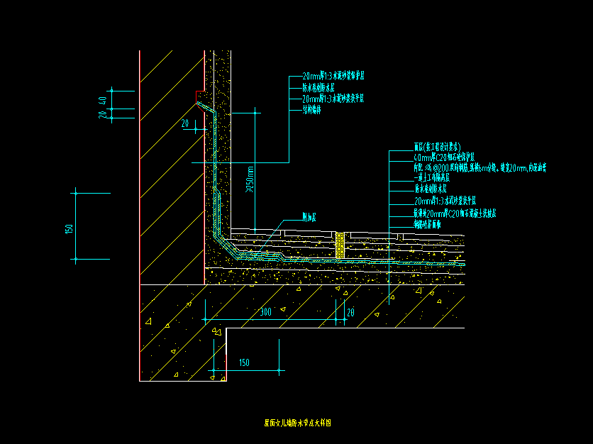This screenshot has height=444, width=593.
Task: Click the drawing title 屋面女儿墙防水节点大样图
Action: pyautogui.click(x=297, y=423)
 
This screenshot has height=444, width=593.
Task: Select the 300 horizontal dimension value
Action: pyautogui.click(x=265, y=312)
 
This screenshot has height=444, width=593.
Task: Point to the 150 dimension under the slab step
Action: pyautogui.click(x=244, y=363)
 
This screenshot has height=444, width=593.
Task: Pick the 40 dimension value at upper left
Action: pyautogui.click(x=104, y=100)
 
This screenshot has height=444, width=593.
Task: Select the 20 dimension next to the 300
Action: pyautogui.click(x=350, y=312)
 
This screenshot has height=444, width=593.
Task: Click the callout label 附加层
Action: pyautogui.click(x=309, y=217)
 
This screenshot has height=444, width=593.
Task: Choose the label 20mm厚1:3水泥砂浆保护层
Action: pyautogui.click(x=333, y=75)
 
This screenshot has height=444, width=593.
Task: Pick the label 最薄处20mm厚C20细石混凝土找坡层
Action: pyautogui.click(x=455, y=213)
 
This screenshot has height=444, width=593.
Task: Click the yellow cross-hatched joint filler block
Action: pyautogui.click(x=340, y=245)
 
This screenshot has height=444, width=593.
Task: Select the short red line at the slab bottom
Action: pyautogui.click(x=226, y=367)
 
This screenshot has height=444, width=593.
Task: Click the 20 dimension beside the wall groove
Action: pyautogui.click(x=185, y=123)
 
